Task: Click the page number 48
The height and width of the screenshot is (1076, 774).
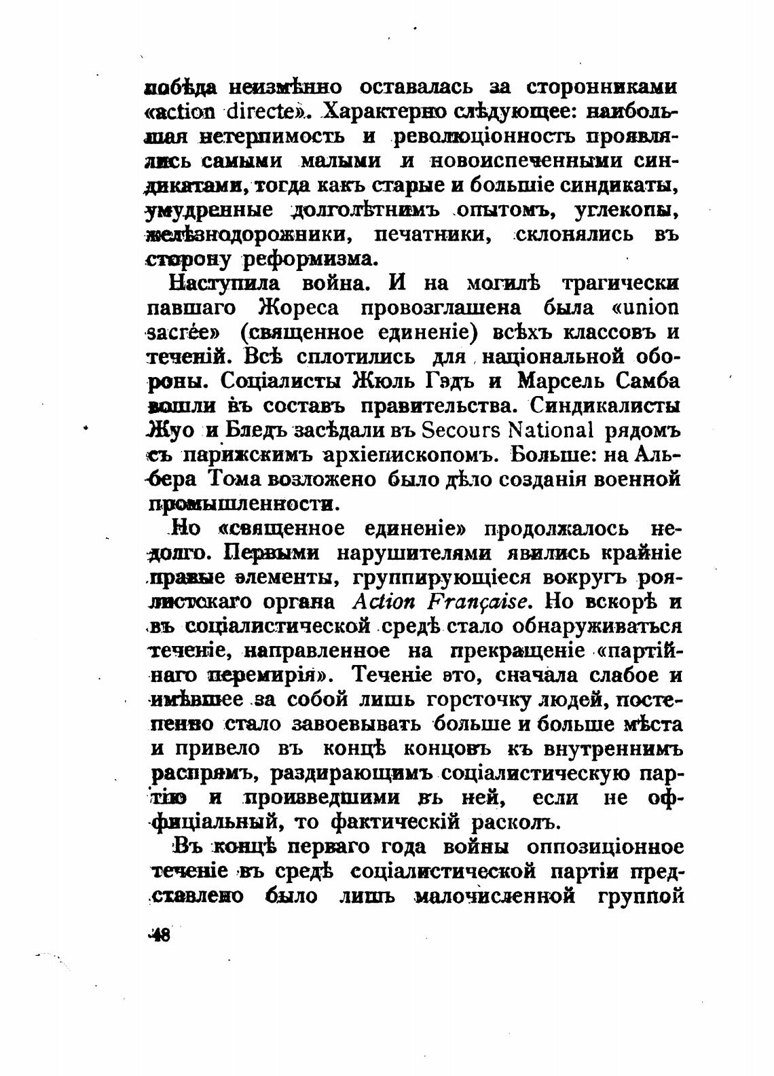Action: click(160, 935)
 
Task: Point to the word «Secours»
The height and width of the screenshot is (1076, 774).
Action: click(459, 431)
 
